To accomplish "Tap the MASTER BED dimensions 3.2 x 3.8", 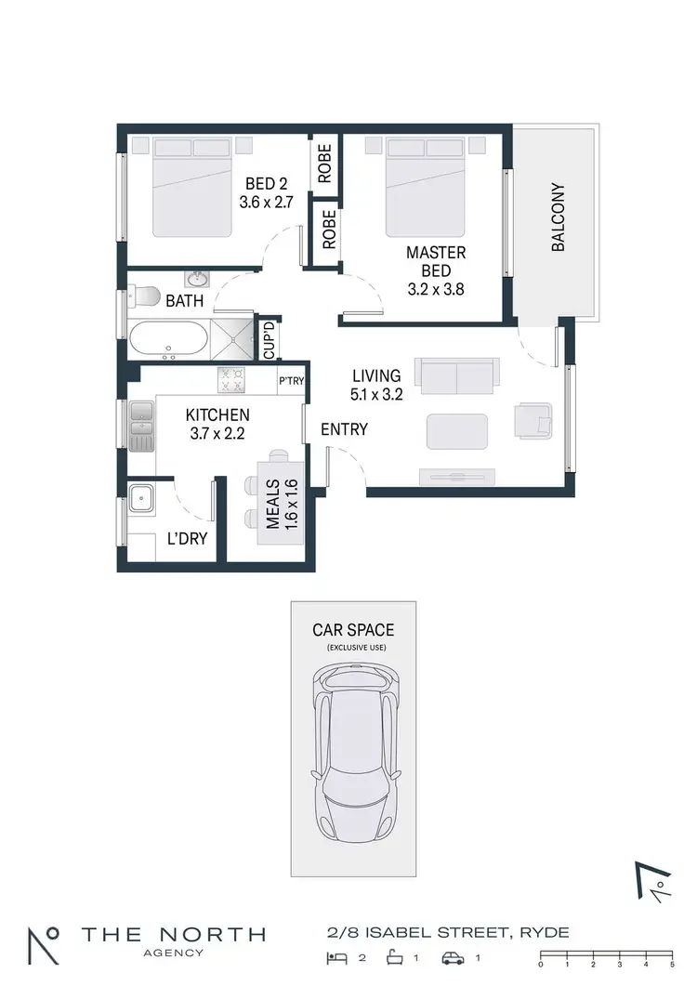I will tap(435, 288).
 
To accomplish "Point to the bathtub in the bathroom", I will tap(168, 339).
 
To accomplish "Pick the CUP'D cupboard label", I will tap(269, 340).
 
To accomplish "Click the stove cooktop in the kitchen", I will tap(230, 378).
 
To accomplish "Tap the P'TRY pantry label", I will tap(292, 381).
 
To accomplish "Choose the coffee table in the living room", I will tap(456, 432).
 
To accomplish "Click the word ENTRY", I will tap(344, 429).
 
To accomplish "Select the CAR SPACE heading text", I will tap(352, 630).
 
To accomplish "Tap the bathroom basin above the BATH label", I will tap(196, 279).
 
